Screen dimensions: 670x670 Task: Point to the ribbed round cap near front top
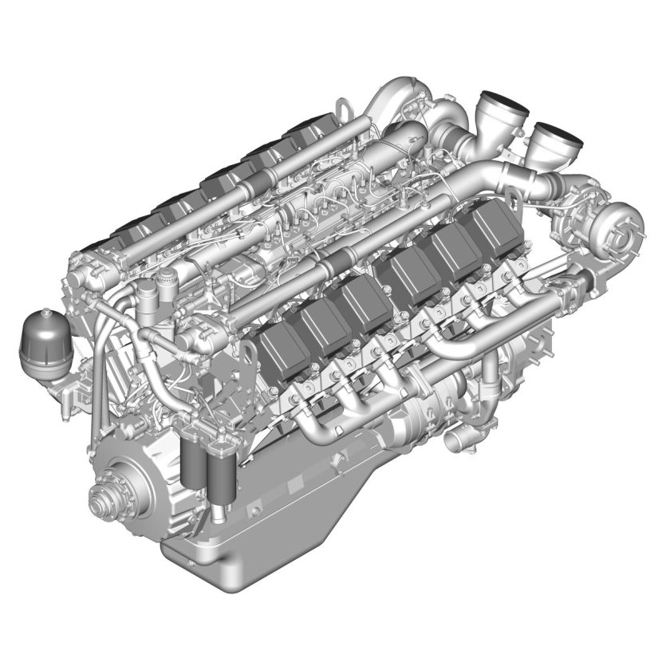pos(167,278)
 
